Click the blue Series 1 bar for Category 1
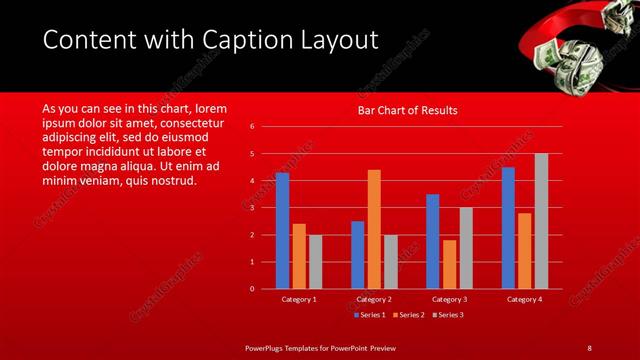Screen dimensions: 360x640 282,231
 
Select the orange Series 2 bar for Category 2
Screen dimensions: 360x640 374,229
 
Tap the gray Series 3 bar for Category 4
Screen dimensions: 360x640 541,221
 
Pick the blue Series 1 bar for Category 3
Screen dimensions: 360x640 432,241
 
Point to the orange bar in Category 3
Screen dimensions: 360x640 449,264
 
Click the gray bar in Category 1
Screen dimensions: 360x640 315,262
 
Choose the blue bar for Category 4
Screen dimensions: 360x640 508,228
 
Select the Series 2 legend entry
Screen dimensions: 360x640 411,315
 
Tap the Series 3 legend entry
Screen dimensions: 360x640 448,315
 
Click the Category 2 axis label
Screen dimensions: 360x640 374,299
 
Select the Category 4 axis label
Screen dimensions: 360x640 524,299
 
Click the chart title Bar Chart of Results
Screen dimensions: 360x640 407,111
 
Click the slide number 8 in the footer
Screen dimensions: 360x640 589,347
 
